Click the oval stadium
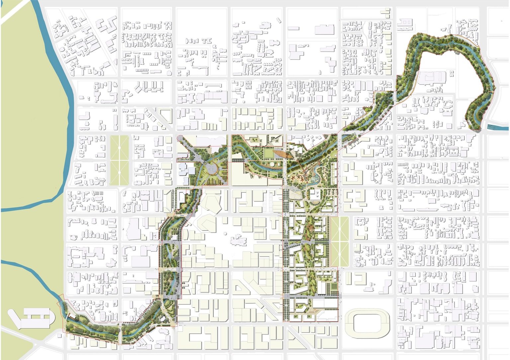click(x=367, y=322)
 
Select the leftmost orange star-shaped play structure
click(x=294, y=179)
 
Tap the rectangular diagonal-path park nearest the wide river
click(x=119, y=160)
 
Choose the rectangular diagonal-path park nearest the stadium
click(x=340, y=242)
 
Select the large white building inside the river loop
click(x=432, y=78)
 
